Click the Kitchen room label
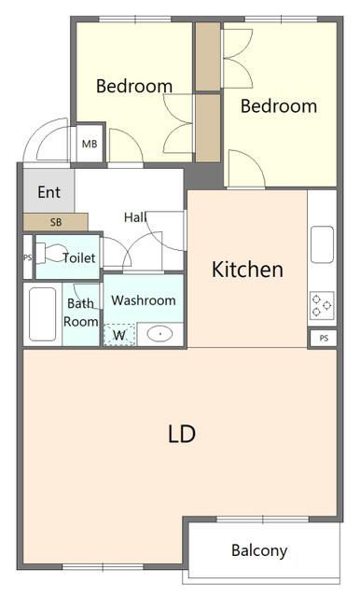pos(247,271)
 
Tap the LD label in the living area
pos(181,434)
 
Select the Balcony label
pos(259,550)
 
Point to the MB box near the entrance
pos(90,144)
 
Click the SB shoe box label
pos(55,222)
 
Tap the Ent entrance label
pos(48,192)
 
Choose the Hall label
pos(135,217)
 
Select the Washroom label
pos(144,300)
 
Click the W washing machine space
pos(119,334)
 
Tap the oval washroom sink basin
pos(159,333)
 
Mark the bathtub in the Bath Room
pos(42,315)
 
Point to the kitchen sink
pos(323,246)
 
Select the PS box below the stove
pos(323,338)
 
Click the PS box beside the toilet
pos(28,257)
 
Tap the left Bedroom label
pos(134,87)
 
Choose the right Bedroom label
pos(278,106)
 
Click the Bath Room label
pos(81,312)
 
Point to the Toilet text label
pos(78,257)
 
